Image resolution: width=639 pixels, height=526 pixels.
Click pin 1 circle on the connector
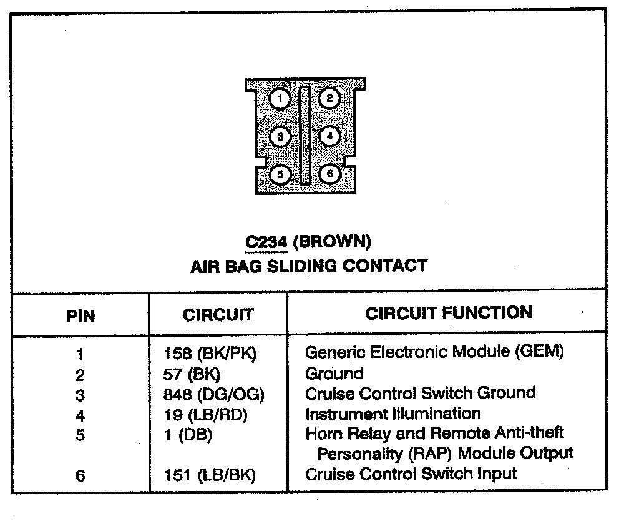281,99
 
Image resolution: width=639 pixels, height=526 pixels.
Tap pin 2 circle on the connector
329,98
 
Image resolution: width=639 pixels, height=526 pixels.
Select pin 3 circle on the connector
281,136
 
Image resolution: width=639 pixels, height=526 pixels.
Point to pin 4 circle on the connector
329,136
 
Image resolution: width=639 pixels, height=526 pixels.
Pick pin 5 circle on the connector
281,174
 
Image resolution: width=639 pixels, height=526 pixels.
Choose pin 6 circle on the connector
329,174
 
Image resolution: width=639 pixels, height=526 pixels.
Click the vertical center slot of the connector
305,136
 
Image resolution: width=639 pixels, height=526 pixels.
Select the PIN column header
80,315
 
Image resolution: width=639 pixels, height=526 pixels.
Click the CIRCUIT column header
218,315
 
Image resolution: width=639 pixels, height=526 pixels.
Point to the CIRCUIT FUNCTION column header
449,313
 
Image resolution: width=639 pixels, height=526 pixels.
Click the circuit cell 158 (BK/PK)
210,354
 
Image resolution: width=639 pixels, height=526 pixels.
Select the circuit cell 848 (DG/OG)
214,395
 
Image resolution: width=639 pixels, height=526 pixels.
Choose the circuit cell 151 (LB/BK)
210,475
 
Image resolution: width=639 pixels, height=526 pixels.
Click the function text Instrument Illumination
393,414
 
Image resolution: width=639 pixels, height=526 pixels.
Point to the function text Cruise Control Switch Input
411,474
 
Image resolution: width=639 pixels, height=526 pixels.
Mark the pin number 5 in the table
80,435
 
